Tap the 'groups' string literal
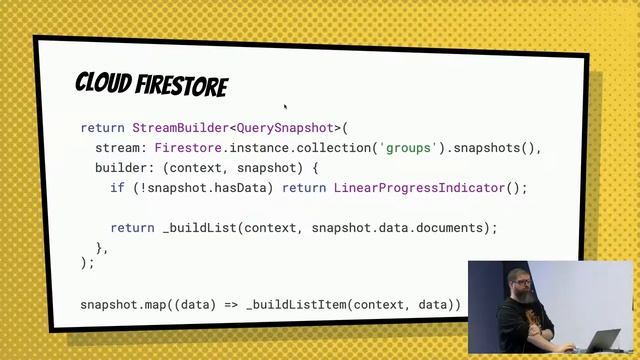pos(410,148)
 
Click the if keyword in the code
pos(117,188)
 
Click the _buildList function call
pos(200,227)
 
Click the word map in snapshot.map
pos(163,304)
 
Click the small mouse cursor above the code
pos(285,105)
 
